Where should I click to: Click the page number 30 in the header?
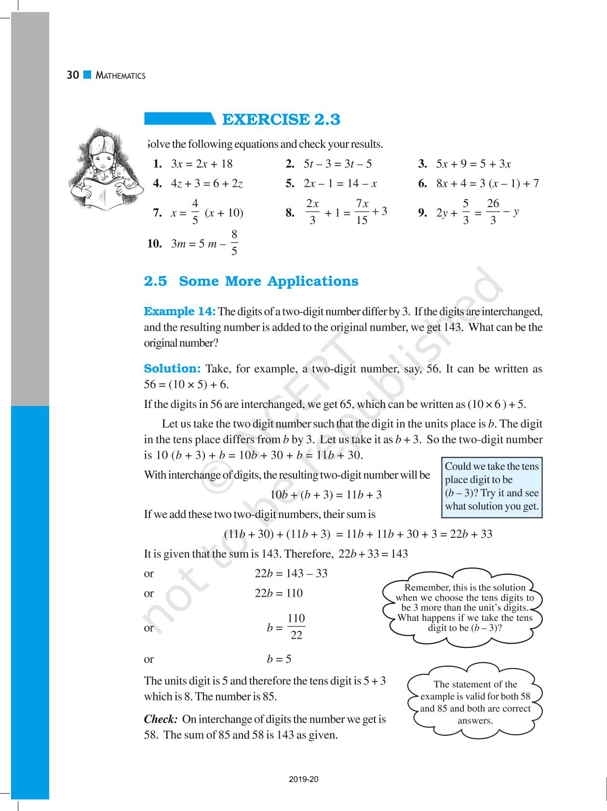click(73, 75)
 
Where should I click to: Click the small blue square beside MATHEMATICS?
click(87, 75)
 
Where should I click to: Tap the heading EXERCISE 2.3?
click(281, 119)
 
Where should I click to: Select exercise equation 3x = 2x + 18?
click(202, 164)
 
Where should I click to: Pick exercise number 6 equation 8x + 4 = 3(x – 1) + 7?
click(487, 183)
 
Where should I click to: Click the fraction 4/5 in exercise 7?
click(195, 211)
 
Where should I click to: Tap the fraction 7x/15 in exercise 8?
click(362, 211)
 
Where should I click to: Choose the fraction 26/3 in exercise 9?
click(493, 212)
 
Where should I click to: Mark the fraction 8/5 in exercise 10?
click(234, 243)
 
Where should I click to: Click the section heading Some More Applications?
click(269, 281)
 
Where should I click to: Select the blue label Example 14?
click(180, 311)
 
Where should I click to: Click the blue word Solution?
click(172, 369)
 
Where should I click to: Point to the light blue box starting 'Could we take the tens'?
click(492, 487)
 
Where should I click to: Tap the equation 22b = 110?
click(279, 593)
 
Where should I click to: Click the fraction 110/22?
click(296, 627)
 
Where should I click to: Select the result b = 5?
click(279, 659)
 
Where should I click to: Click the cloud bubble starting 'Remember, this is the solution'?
click(465, 607)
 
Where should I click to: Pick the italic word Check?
click(161, 719)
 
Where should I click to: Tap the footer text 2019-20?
click(304, 779)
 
